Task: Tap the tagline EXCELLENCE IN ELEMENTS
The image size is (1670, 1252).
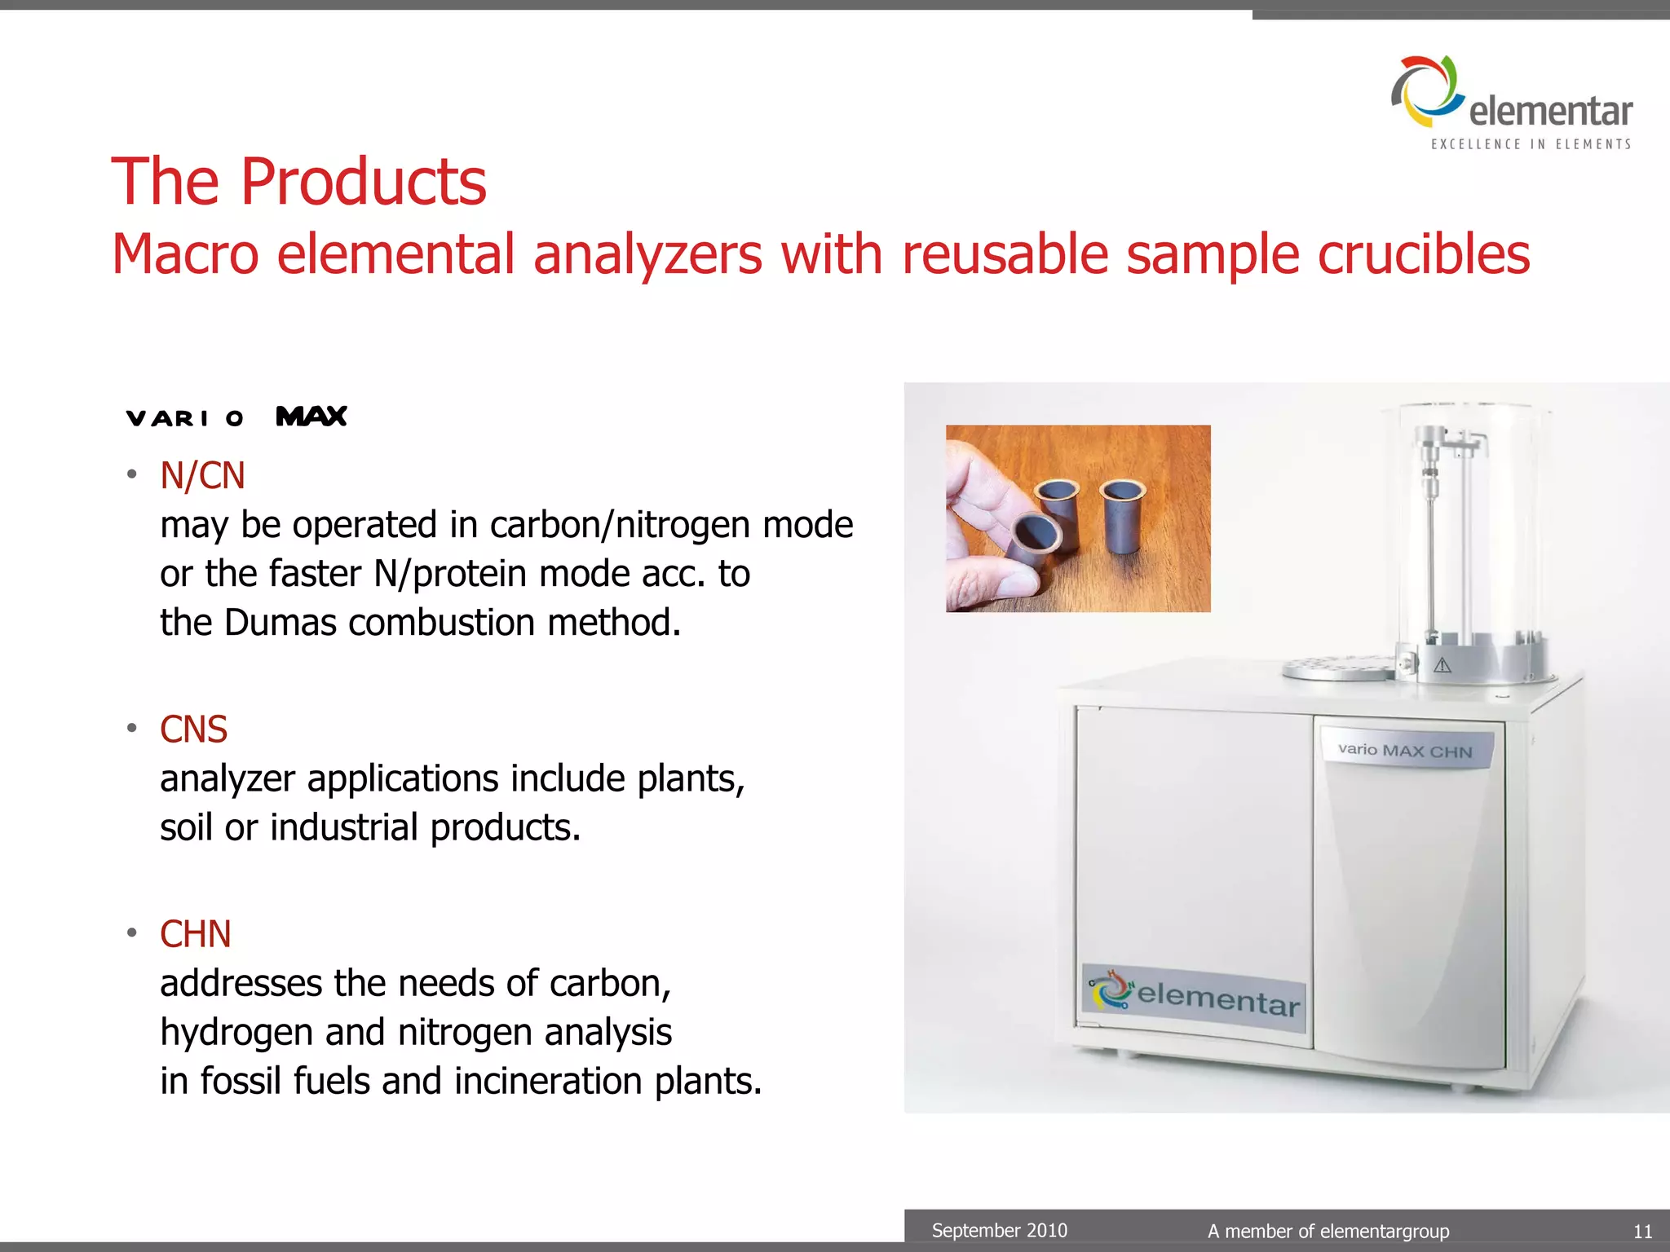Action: point(1531,144)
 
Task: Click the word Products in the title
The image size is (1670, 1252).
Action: point(363,181)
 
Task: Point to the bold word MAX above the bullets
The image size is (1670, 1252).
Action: point(311,417)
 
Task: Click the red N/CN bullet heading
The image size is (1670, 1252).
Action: point(202,475)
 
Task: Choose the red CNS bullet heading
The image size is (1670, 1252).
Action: point(193,729)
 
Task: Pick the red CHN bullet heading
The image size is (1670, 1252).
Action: point(195,933)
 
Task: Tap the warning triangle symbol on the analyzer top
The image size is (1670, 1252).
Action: point(1442,665)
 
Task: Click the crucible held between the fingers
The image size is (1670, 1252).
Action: point(1032,539)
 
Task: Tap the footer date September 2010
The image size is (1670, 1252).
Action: point(999,1230)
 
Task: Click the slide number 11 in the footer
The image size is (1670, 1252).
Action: point(1642,1231)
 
